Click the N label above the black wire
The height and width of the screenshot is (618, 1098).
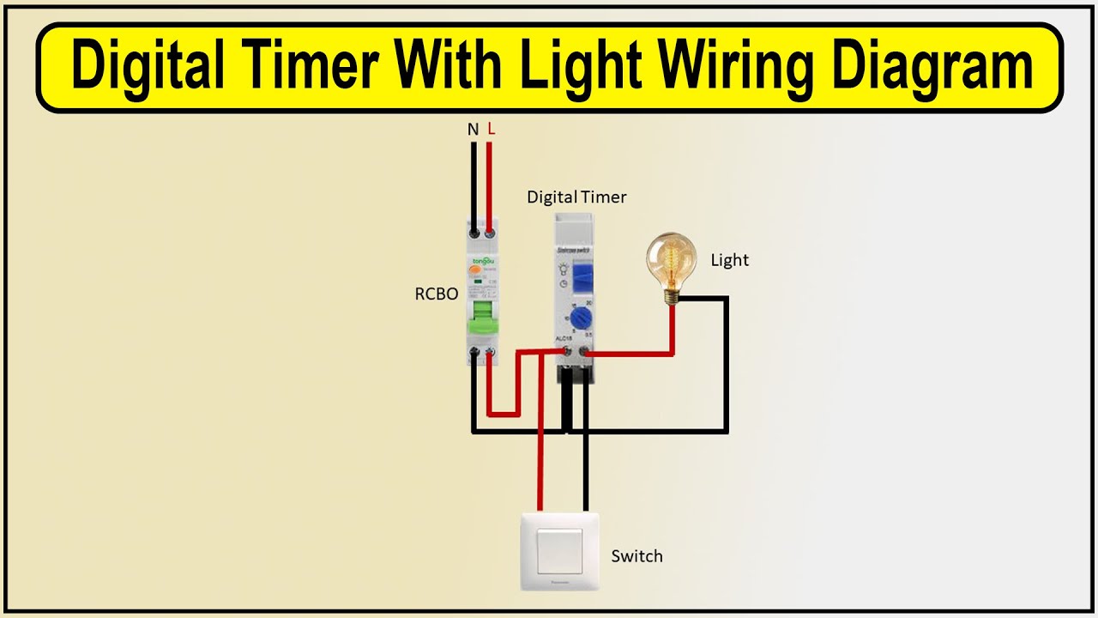(473, 130)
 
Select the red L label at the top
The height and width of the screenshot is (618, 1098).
(491, 129)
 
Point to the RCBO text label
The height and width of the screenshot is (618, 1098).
(437, 294)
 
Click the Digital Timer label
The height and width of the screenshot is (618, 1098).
(576, 197)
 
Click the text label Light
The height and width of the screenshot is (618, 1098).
(729, 260)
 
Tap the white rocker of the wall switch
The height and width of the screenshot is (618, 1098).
(559, 551)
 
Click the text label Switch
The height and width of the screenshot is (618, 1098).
(636, 556)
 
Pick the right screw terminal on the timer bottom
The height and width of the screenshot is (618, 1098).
(585, 351)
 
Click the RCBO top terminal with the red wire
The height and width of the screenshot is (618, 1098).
(491, 232)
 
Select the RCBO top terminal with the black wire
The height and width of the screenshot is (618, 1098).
(474, 232)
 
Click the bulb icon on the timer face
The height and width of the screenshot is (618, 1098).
(564, 269)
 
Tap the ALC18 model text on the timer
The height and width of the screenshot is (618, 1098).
(564, 338)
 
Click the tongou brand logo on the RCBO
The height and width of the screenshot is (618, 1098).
(483, 260)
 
